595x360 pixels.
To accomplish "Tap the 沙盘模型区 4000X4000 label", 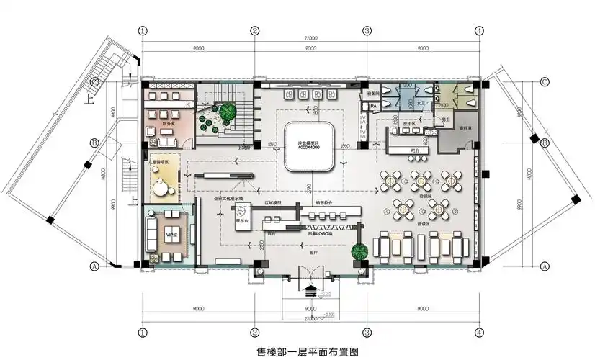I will (309, 145).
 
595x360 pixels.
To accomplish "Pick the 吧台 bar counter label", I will (415, 150).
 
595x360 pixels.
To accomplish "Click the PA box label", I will (373, 107).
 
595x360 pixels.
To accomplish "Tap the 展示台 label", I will (241, 220).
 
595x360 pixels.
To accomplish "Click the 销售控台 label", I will (326, 203).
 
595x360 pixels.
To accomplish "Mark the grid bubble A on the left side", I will (94, 265).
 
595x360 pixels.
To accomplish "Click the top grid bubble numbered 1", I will (143, 31).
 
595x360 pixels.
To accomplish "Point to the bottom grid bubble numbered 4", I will (478, 333).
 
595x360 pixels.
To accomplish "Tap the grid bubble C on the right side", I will (545, 81).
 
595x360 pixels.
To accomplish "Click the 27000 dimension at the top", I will (310, 37).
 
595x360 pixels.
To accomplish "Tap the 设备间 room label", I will (373, 94).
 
